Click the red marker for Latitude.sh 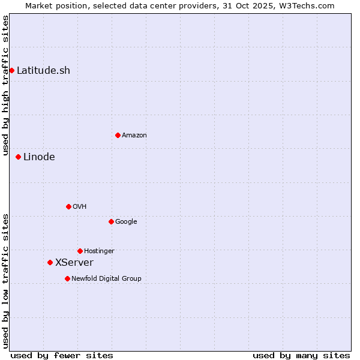pyautogui.click(x=11, y=70)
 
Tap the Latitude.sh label pyautogui.click(x=43, y=70)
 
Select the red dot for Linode pyautogui.click(x=18, y=157)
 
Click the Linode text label pyautogui.click(x=39, y=157)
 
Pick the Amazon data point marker pyautogui.click(x=118, y=135)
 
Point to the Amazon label pyautogui.click(x=134, y=136)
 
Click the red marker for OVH pyautogui.click(x=68, y=206)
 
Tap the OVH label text pyautogui.click(x=80, y=207)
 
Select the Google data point pyautogui.click(x=111, y=221)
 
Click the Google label pyautogui.click(x=126, y=222)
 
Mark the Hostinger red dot pyautogui.click(x=80, y=251)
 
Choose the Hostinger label pyautogui.click(x=99, y=251)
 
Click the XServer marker pyautogui.click(x=50, y=262)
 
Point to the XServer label pyautogui.click(x=74, y=263)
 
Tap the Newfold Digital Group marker pyautogui.click(x=67, y=278)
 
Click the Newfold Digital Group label pyautogui.click(x=107, y=279)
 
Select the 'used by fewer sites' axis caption pyautogui.click(x=62, y=355)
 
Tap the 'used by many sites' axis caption pyautogui.click(x=301, y=355)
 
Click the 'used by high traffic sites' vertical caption pyautogui.click(x=5, y=85)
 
